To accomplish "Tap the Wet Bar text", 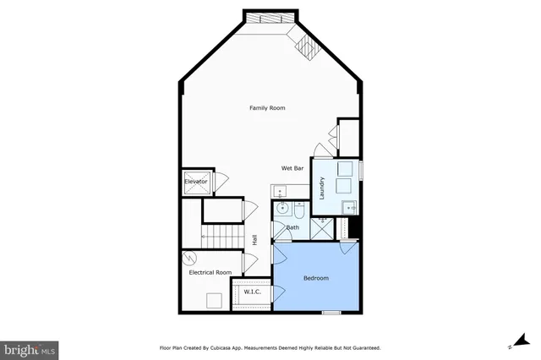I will [292, 168].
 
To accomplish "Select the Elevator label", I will [196, 181].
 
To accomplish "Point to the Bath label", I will [292, 227].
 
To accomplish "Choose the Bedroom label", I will [315, 278].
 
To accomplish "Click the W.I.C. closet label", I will [252, 292].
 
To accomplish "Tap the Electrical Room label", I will [210, 272].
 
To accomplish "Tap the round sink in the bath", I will [282, 208].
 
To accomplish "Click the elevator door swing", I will [221, 180].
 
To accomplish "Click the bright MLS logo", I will [30, 347].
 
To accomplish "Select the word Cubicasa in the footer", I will [240, 347].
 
